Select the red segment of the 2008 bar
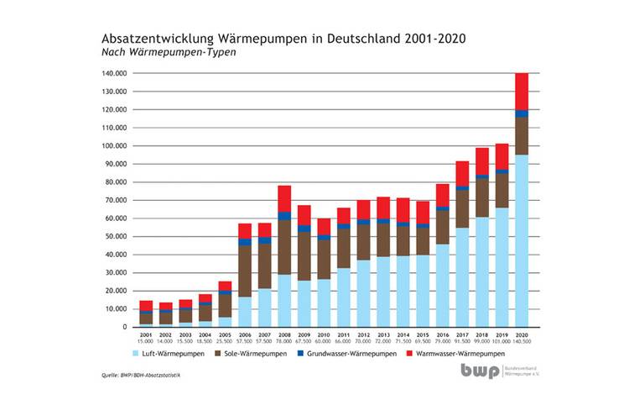pos(285,198)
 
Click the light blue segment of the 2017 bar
pos(462,277)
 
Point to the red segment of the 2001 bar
pos(123,305)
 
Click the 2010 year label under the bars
pos(324,334)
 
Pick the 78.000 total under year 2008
pos(285,342)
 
